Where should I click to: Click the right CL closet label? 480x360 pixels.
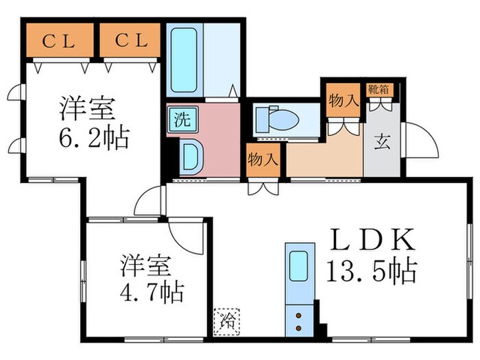click(130, 41)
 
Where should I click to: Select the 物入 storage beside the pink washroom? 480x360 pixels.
click(263, 161)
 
